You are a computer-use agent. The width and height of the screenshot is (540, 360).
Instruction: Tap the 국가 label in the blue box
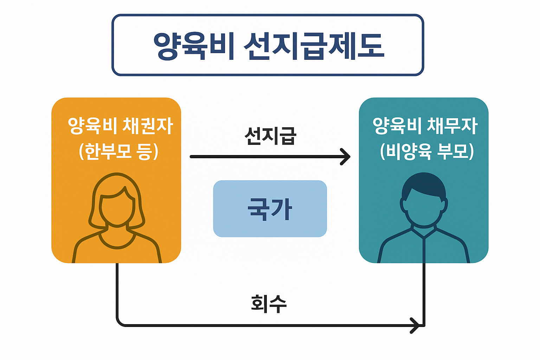pos(270,209)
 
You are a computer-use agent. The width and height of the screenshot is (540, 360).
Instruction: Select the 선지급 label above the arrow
pos(270,136)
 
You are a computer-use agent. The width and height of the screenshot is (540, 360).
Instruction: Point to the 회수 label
pos(269,304)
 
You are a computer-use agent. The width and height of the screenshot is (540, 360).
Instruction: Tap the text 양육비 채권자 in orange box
pos(120,126)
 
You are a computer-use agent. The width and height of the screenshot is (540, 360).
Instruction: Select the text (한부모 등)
pos(119,152)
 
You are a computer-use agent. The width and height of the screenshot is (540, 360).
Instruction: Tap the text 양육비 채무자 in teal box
pos(425,126)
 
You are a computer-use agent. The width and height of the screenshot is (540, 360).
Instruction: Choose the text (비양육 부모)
pos(427,152)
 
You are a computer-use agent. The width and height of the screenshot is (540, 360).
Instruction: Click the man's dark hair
pos(424,185)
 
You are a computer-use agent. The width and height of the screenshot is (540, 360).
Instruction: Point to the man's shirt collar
pos(424,232)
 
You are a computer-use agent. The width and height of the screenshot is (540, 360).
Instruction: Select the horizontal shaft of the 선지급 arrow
pos(264,156)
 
